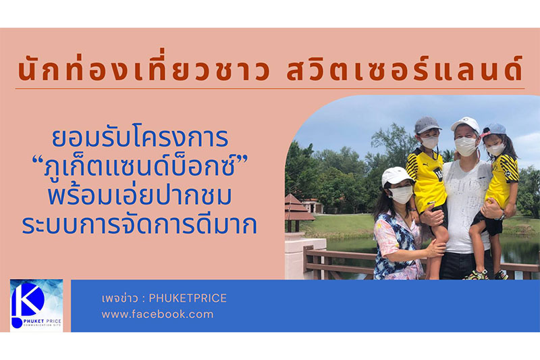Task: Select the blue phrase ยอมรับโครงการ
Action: coord(140,138)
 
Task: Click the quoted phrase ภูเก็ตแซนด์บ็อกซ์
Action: coord(140,167)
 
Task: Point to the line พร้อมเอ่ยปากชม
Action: coord(140,195)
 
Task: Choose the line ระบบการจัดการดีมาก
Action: coord(140,225)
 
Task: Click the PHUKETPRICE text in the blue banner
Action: coord(188,299)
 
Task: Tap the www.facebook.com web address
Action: coord(157,314)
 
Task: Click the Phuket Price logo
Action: coord(36,305)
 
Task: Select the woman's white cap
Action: coord(396,176)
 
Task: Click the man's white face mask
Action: coord(466,146)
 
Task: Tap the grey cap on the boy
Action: coord(427,125)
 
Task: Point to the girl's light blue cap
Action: coord(495,130)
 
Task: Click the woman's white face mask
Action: coord(400,195)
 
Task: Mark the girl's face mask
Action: coord(495,149)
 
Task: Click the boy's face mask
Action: coord(430,142)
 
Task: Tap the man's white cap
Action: coord(466,125)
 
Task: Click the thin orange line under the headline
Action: coord(269,89)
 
